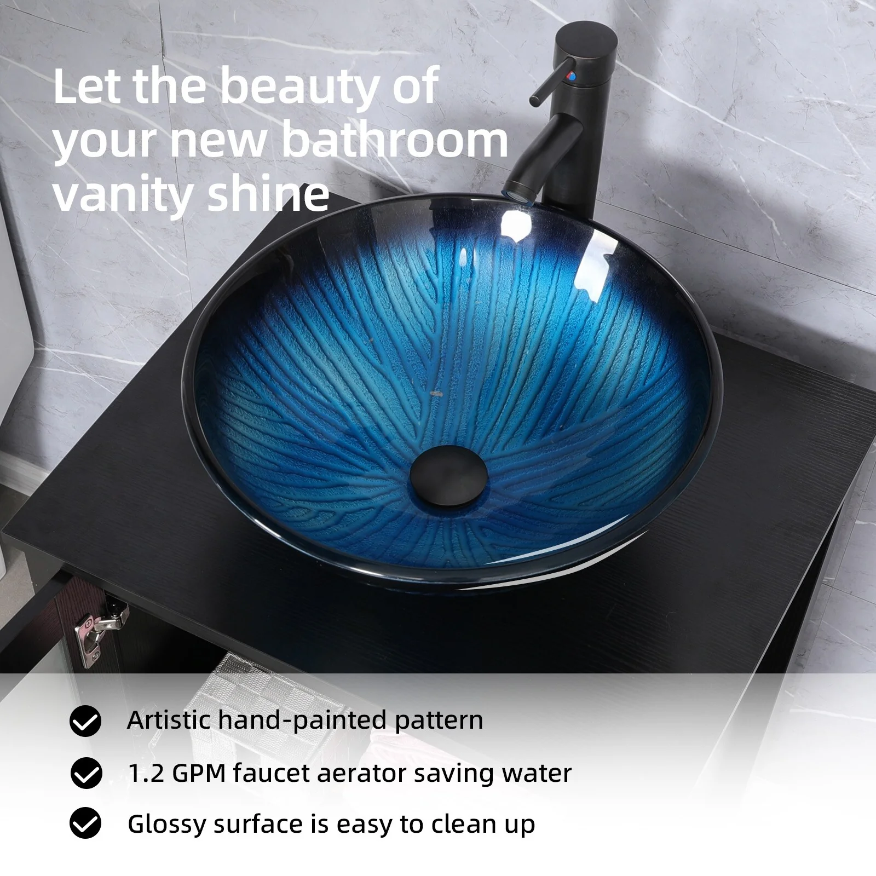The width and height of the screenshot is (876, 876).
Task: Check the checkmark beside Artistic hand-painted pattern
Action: pos(85,721)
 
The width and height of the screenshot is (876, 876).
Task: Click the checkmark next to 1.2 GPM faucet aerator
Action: pos(86,773)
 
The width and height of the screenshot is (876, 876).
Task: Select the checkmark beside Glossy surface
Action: pos(85,823)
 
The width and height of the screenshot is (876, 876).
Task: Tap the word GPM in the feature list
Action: pos(198,773)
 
